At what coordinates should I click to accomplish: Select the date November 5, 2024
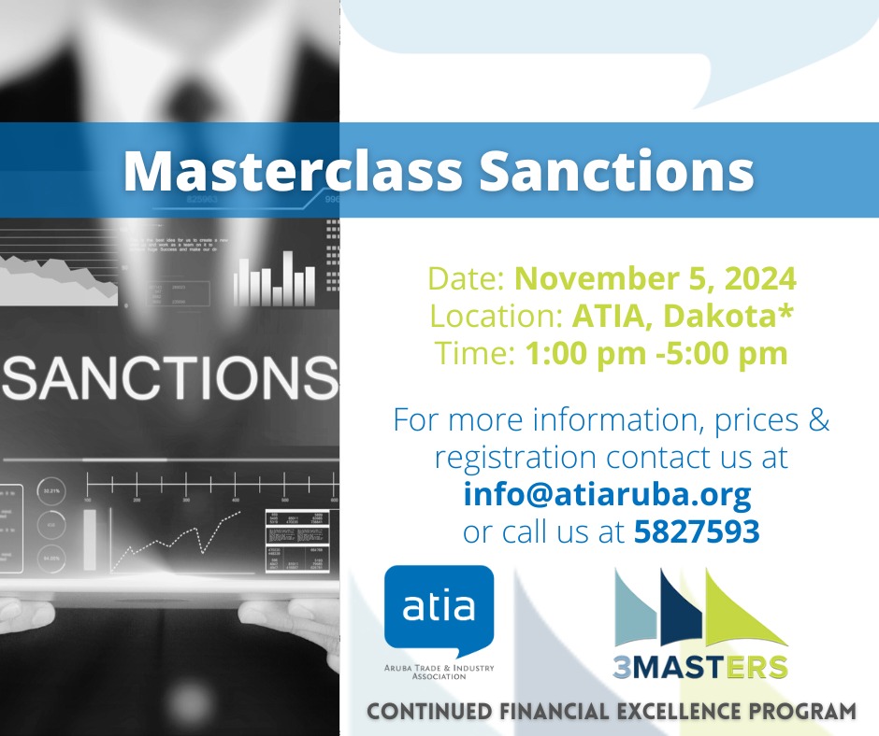pyautogui.click(x=656, y=278)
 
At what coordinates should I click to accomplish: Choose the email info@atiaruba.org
pyautogui.click(x=607, y=493)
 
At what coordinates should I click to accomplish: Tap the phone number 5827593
pyautogui.click(x=696, y=531)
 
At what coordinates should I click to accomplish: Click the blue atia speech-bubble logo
pyautogui.click(x=439, y=608)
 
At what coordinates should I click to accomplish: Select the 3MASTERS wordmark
pyautogui.click(x=700, y=667)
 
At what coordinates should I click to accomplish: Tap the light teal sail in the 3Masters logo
pyautogui.click(x=637, y=612)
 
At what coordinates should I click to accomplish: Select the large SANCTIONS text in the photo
pyautogui.click(x=169, y=376)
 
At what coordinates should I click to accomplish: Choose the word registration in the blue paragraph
pyautogui.click(x=514, y=457)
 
